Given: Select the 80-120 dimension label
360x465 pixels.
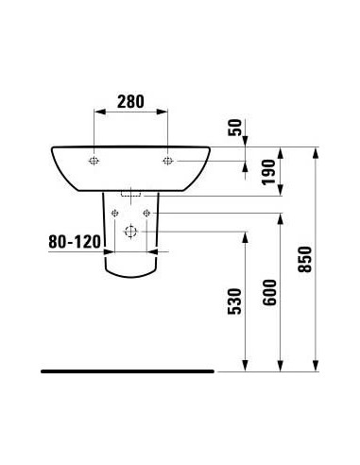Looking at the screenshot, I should [74, 241].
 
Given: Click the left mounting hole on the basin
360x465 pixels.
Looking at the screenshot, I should [94, 161].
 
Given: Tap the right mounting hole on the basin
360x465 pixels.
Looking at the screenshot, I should [167, 161].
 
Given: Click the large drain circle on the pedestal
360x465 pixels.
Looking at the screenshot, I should [130, 232].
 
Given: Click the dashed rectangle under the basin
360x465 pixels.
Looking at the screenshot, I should [130, 189].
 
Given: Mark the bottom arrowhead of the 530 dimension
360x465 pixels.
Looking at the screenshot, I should [246, 367].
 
